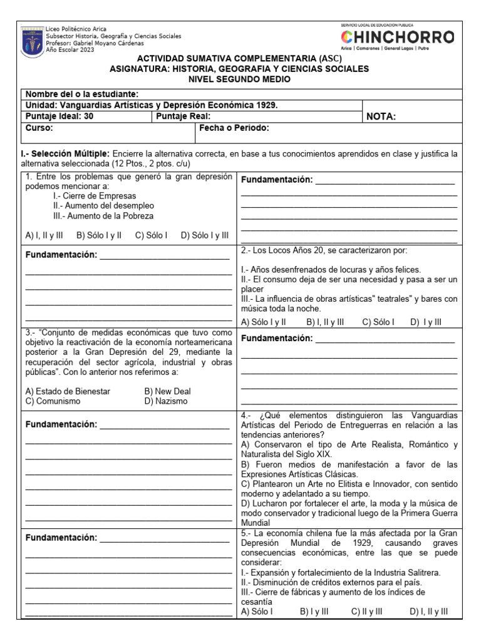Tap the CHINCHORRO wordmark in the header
point(398,38)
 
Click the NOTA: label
point(381,116)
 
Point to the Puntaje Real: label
point(183,116)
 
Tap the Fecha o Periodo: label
point(234,128)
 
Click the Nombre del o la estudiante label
point(81,94)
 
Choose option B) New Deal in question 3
point(167,391)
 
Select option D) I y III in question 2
point(426,322)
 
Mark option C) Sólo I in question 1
point(151,235)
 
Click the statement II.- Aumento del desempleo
point(103,205)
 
